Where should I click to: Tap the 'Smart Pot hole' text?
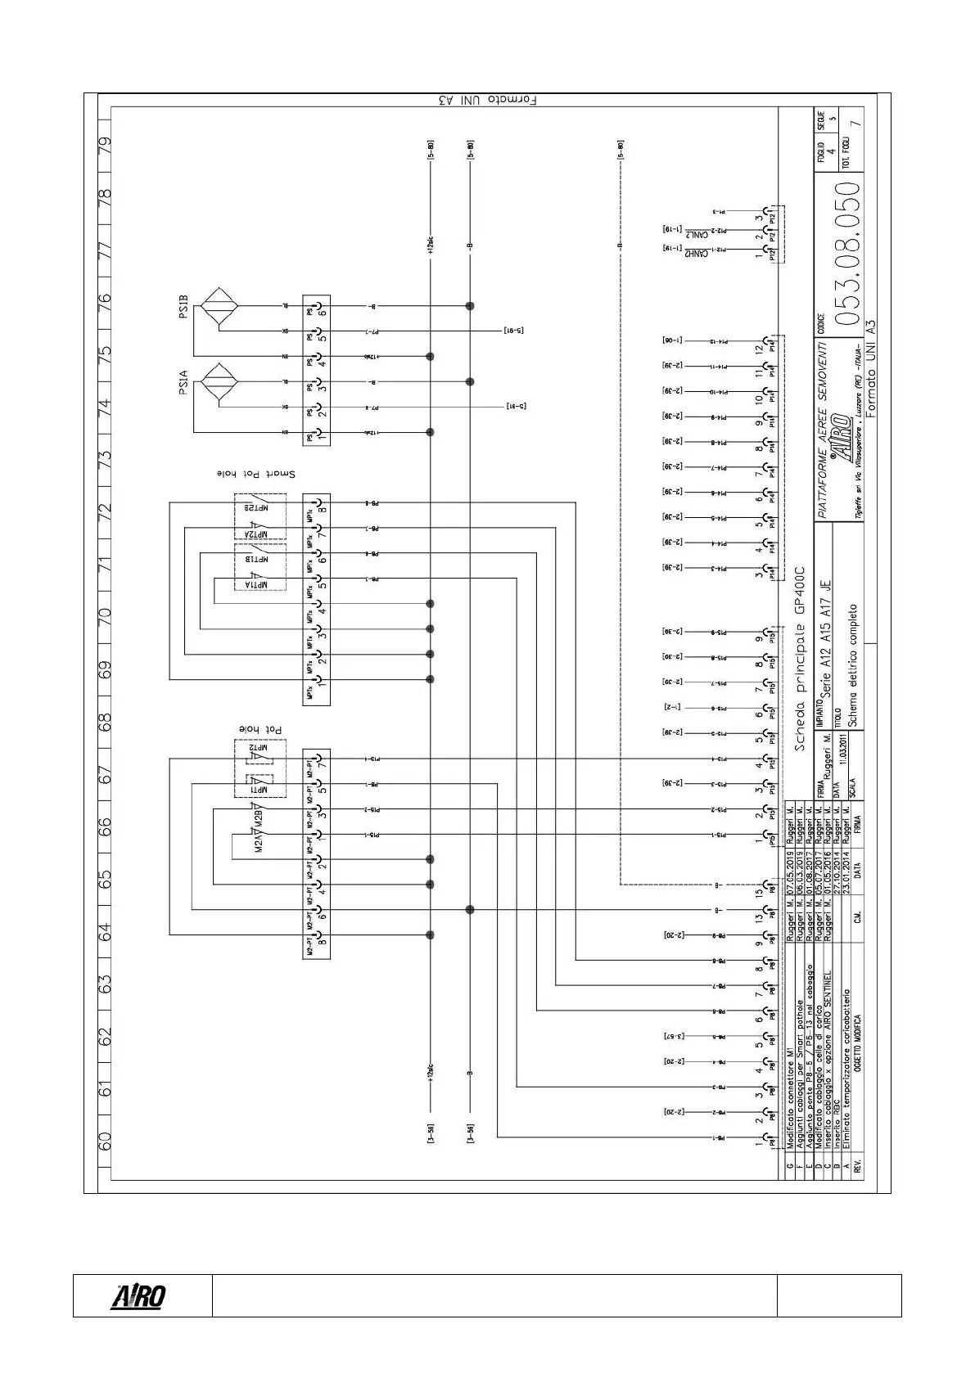pos(255,475)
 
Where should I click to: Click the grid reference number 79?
pos(105,145)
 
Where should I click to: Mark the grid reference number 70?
pos(105,615)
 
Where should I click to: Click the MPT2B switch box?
pos(260,507)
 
